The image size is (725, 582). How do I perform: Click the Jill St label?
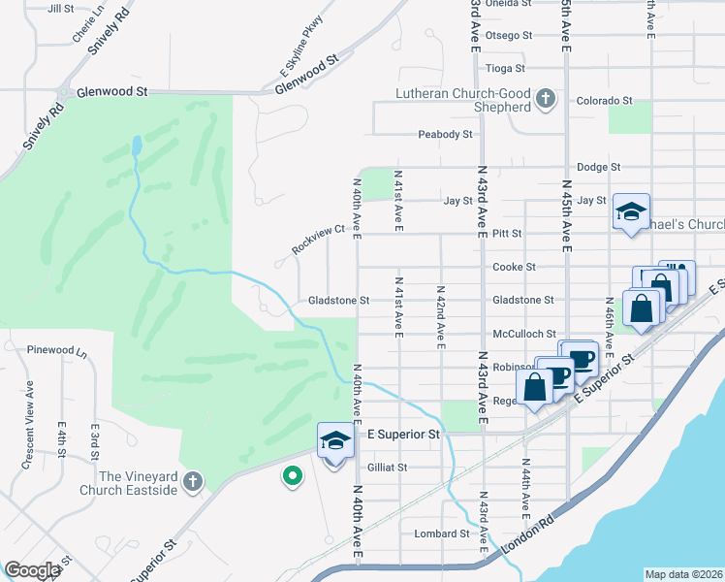[60, 8]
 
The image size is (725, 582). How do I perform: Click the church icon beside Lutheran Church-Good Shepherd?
[546, 97]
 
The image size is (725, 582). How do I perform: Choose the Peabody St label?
[445, 134]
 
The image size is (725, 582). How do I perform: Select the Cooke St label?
[515, 267]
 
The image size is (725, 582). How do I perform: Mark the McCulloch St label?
[523, 333]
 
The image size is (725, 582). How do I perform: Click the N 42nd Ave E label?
[441, 315]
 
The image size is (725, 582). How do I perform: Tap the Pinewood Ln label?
[56, 349]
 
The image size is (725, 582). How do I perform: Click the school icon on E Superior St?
[333, 441]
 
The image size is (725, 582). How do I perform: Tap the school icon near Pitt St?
[630, 212]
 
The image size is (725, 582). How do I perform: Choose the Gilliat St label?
[388, 467]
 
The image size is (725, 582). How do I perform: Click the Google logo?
[33, 570]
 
